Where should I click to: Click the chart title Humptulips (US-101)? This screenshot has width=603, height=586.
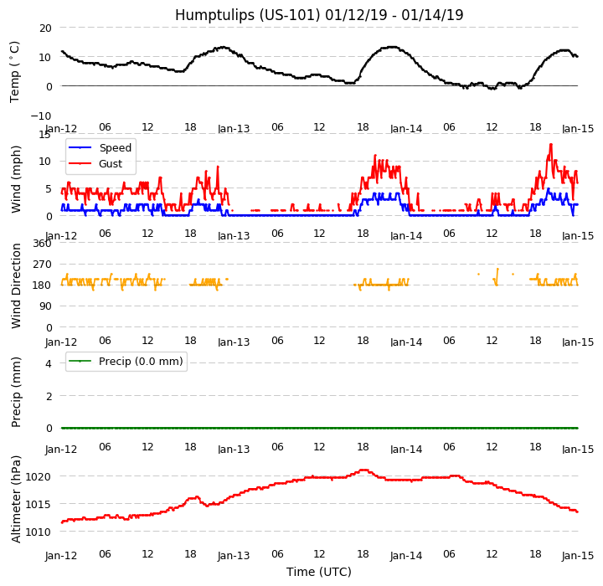click(x=319, y=15)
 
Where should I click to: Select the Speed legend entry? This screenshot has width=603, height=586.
click(x=115, y=148)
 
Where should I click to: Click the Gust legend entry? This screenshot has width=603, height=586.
click(x=111, y=164)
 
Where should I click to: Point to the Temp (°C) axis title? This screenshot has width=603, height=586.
click(x=15, y=71)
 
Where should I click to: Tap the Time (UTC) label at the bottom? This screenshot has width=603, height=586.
click(x=319, y=572)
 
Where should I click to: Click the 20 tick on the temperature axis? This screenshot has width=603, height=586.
click(x=44, y=28)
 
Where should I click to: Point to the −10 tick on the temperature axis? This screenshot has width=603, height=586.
click(x=41, y=116)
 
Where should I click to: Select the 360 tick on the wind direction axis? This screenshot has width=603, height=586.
click(x=42, y=244)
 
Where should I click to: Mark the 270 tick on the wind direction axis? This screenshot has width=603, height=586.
click(x=42, y=265)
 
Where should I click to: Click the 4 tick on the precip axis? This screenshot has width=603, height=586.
click(x=49, y=363)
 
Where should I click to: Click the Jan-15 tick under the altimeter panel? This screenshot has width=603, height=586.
click(x=578, y=556)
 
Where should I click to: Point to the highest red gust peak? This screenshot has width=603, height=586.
click(x=550, y=144)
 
